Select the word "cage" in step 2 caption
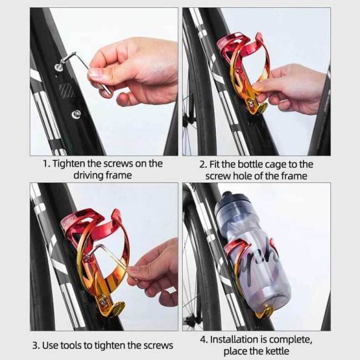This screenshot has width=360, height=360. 275,165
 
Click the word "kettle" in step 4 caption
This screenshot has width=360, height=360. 277,352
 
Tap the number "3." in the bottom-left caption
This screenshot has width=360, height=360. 36,345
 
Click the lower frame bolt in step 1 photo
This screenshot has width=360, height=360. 76,114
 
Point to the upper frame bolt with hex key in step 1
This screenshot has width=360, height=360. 59,67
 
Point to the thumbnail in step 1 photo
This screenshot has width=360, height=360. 94,73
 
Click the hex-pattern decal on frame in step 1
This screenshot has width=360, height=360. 66,90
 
